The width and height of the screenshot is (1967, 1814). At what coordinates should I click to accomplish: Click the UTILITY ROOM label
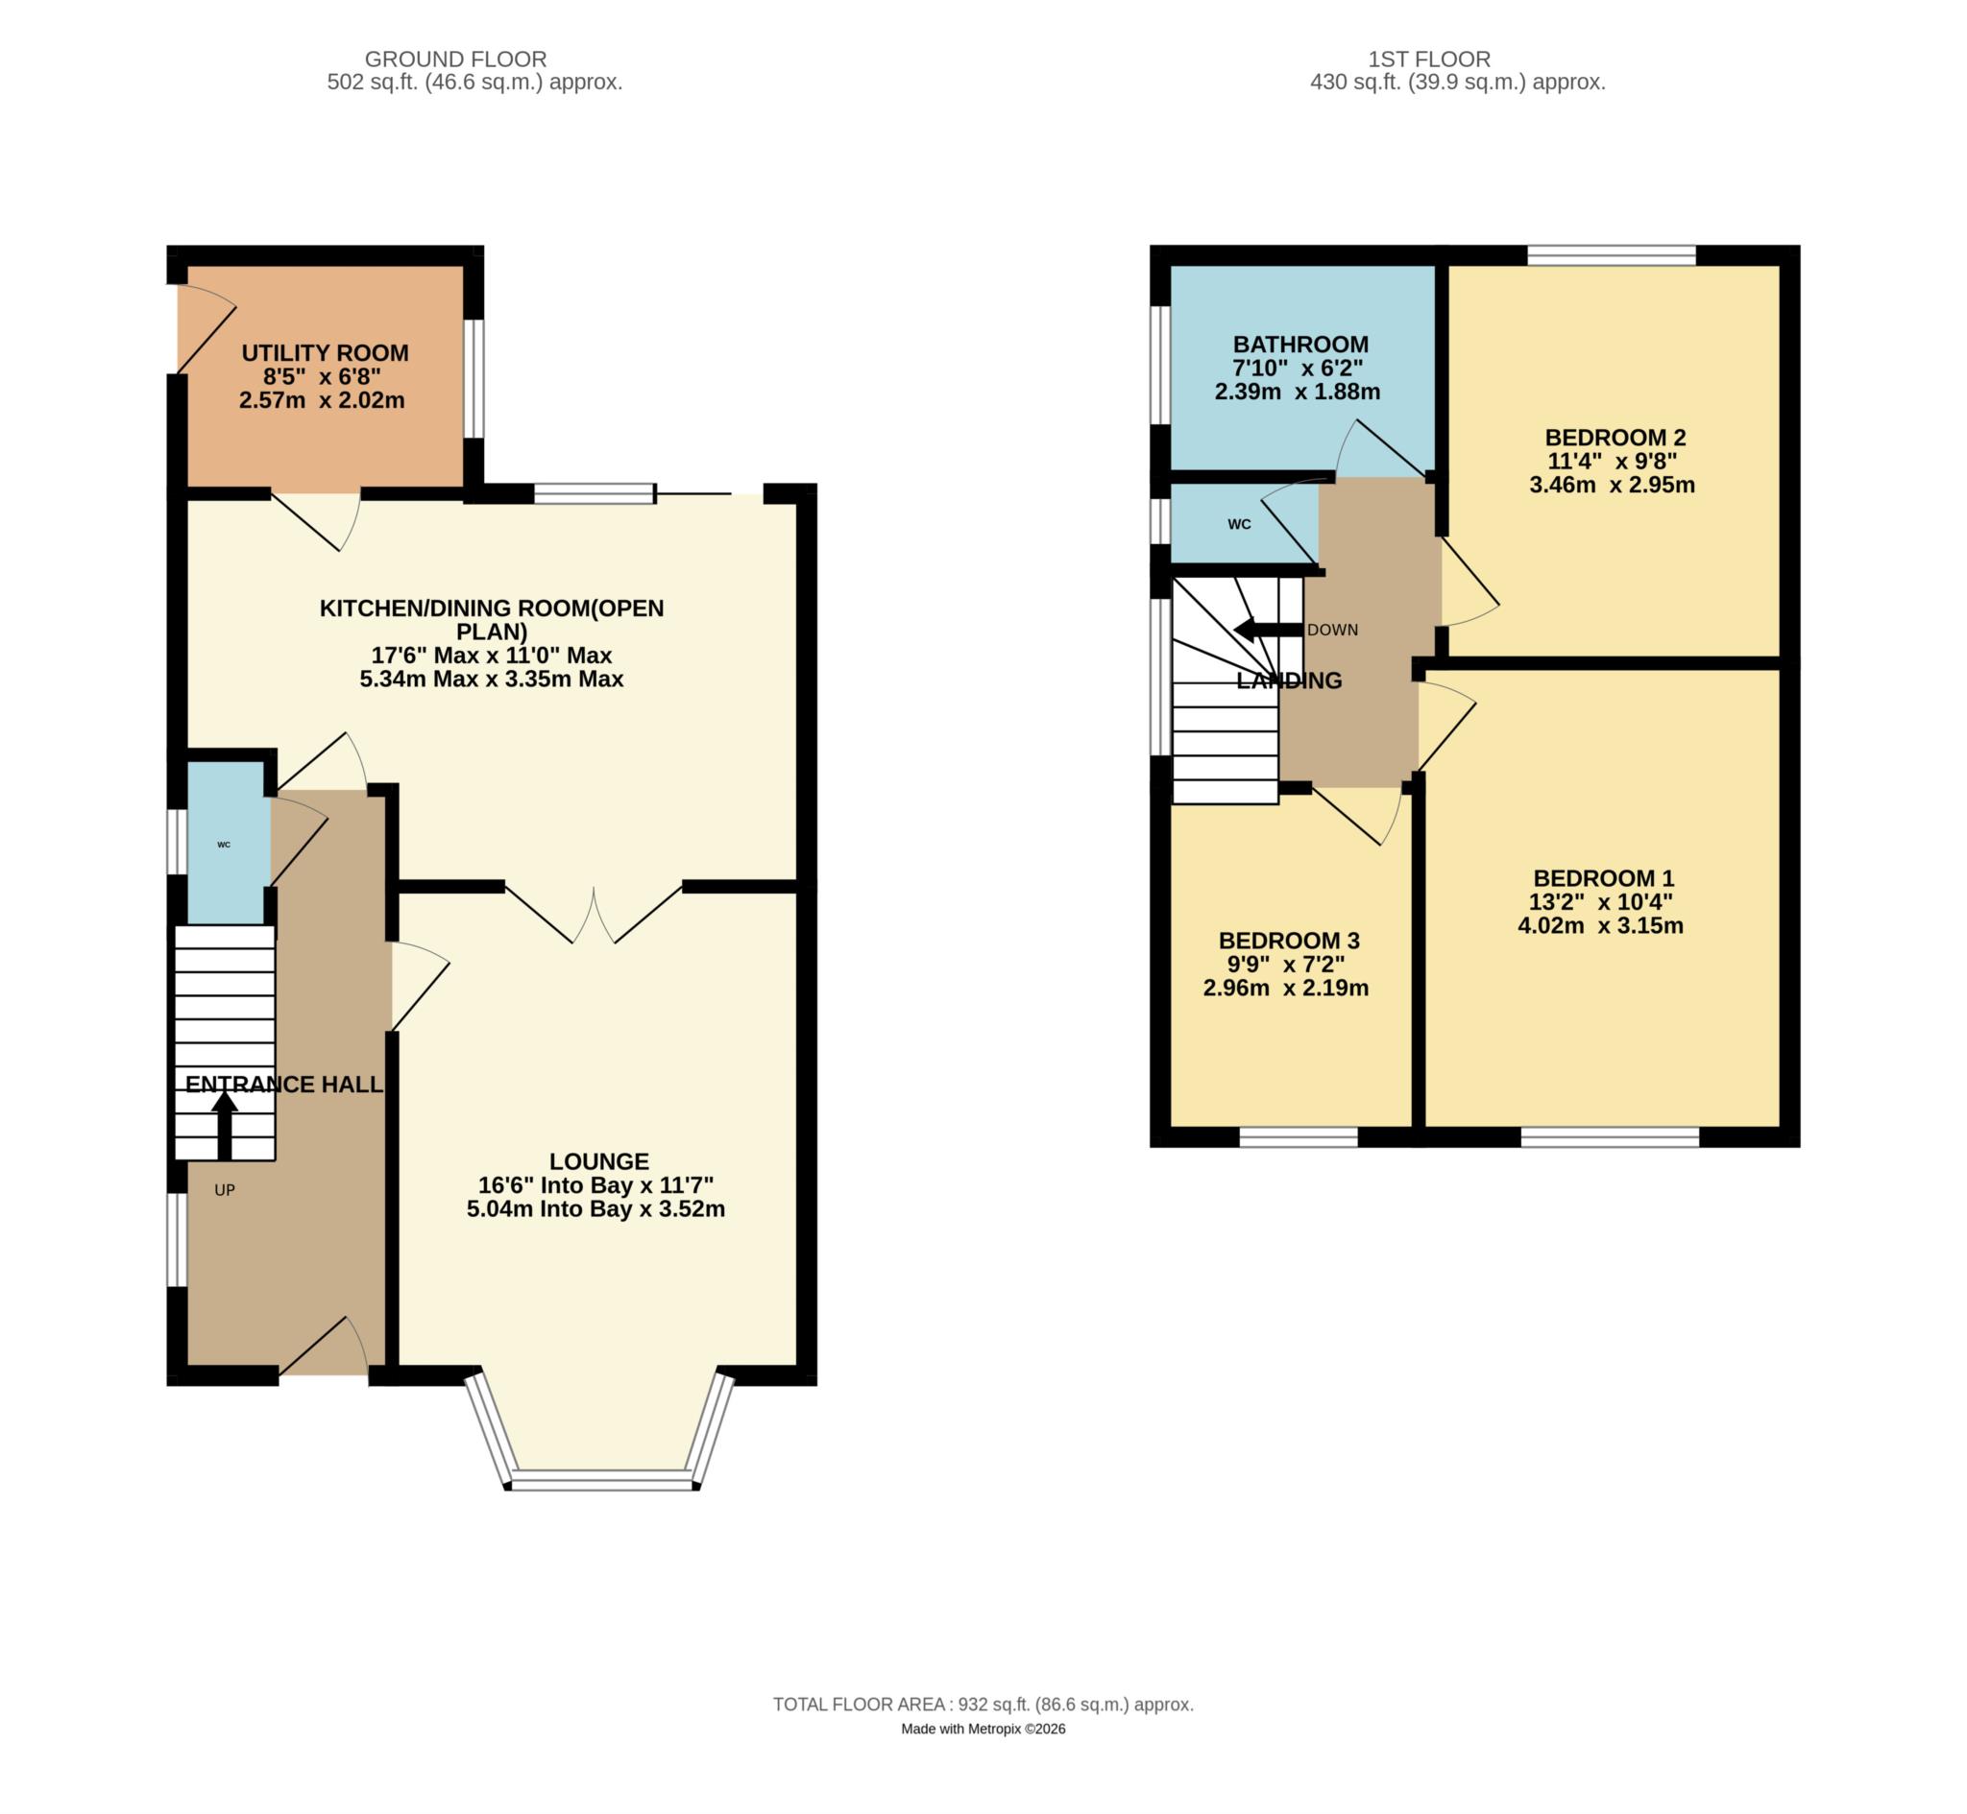click(x=325, y=353)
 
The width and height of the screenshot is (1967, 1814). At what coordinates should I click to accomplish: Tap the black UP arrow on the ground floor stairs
click(x=225, y=1125)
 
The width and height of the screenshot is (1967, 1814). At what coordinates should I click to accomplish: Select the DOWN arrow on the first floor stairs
click(x=1268, y=630)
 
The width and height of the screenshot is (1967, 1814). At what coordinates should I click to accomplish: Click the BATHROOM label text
click(x=1300, y=345)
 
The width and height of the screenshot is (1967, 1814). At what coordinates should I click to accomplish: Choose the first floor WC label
click(x=1239, y=525)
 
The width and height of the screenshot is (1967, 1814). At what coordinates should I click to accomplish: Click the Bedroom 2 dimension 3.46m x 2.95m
click(x=1612, y=485)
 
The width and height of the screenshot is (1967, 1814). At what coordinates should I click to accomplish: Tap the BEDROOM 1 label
click(x=1604, y=878)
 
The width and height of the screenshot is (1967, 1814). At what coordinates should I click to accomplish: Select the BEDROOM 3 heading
click(x=1288, y=941)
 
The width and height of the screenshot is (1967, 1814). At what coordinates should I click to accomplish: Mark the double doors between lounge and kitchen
click(x=595, y=915)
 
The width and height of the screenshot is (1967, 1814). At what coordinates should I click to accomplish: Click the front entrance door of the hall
click(x=325, y=1349)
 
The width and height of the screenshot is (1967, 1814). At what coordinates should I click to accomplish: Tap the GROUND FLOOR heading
click(x=455, y=60)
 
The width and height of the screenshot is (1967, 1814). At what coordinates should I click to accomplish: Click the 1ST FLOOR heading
click(x=1429, y=60)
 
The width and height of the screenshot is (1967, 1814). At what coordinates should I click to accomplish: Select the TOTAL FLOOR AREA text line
click(x=983, y=1704)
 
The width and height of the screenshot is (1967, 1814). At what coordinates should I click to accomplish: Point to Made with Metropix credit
click(x=983, y=1729)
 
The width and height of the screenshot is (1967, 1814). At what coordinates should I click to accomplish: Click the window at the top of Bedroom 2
click(x=1612, y=256)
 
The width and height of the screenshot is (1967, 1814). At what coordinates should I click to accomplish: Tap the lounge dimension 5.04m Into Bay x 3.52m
click(x=596, y=1209)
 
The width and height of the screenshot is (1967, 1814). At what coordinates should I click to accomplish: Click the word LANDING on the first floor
click(x=1288, y=681)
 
